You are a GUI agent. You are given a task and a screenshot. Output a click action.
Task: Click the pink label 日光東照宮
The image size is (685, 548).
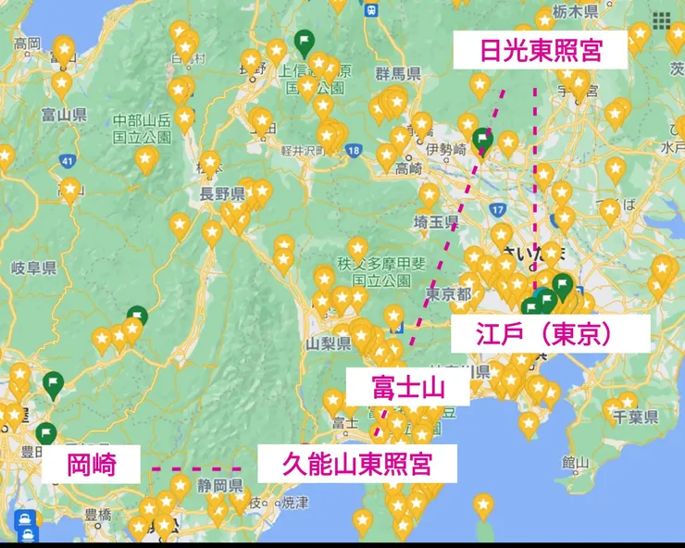(x=541, y=51)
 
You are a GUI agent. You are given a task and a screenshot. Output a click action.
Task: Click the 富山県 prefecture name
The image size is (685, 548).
(x=65, y=115)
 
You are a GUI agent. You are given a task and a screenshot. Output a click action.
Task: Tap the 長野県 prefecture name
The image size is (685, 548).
(x=222, y=193)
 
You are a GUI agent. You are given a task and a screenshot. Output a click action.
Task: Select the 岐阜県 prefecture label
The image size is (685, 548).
(x=35, y=268)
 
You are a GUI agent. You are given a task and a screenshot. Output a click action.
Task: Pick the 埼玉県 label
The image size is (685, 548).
(x=436, y=222)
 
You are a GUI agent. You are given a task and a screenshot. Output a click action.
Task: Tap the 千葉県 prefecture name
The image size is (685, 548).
(x=635, y=417)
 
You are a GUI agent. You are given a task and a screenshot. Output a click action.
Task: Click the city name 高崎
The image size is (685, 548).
(x=408, y=168)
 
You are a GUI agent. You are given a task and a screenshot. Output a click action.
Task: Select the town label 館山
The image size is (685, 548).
(x=575, y=463)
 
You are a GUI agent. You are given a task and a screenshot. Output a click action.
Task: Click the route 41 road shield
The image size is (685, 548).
(x=66, y=162)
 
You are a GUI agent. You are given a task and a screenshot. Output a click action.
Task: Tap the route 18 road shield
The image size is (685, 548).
(x=354, y=150)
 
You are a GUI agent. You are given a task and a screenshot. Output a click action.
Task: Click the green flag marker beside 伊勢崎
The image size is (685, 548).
(x=482, y=140)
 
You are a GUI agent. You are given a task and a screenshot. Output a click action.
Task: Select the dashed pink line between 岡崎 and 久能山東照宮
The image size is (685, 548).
(x=195, y=469)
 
